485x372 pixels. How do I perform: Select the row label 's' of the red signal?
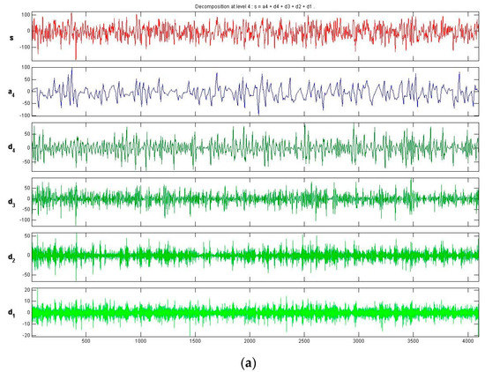[x=11, y=37]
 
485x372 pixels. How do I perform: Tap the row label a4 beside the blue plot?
[x=11, y=91]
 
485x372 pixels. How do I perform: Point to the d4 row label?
[x=11, y=147]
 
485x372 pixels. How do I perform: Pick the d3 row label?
[x=11, y=202]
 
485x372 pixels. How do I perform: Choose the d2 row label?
[x=11, y=257]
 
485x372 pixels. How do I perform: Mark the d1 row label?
[x=11, y=312]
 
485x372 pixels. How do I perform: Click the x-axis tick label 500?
[x=86, y=341]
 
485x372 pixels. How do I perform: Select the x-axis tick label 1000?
[x=140, y=341]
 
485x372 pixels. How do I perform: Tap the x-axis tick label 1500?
[x=195, y=341]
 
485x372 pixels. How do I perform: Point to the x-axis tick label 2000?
[x=250, y=341]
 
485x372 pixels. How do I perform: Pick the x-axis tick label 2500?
[x=304, y=341]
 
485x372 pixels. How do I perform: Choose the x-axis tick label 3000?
[x=359, y=341]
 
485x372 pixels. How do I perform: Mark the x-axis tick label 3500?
[x=414, y=341]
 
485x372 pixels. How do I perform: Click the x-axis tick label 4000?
[x=468, y=341]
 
